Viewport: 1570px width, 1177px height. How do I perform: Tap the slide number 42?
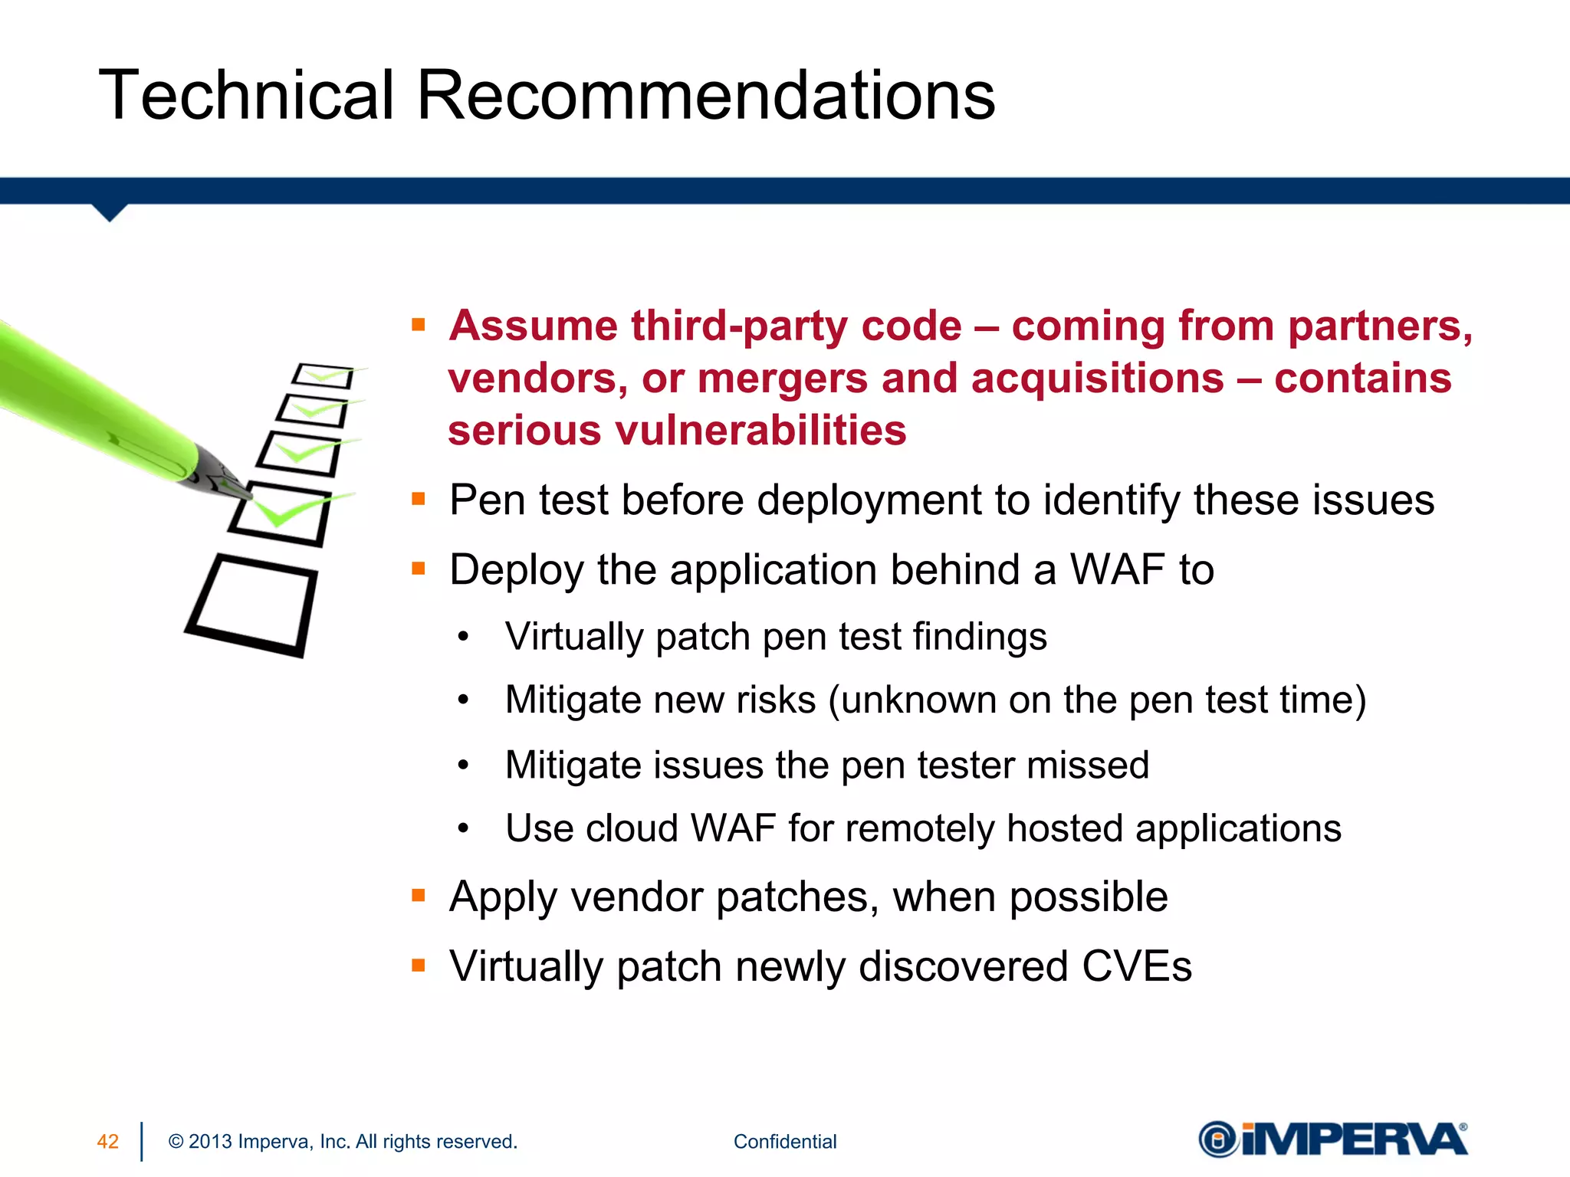108,1142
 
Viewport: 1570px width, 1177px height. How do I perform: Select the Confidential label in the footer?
785,1142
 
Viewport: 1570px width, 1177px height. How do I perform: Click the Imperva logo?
1332,1139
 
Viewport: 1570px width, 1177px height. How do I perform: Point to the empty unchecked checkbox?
252,605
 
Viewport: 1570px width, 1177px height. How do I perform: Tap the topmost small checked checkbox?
324,375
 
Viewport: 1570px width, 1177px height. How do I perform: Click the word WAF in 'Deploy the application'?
1118,570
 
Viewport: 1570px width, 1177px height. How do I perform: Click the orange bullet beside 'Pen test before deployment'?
419,500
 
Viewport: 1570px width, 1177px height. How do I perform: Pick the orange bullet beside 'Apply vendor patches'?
419,895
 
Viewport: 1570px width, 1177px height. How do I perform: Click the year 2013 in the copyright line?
210,1142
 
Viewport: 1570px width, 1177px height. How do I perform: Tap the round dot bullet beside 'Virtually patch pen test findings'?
463,637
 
